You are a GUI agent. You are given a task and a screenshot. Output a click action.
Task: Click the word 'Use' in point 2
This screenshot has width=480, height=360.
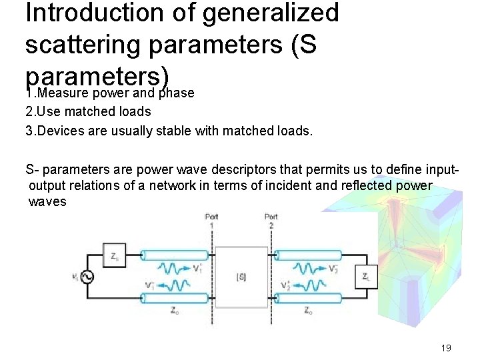pos(49,111)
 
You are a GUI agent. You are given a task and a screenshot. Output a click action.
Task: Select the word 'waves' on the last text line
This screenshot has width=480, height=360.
pos(48,201)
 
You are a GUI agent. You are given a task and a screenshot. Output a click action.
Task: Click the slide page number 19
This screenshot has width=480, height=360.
pos(446,348)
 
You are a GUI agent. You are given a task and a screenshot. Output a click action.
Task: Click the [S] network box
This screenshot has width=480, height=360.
pos(241,277)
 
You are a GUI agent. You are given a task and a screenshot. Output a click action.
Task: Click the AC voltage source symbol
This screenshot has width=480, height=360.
pos(86,277)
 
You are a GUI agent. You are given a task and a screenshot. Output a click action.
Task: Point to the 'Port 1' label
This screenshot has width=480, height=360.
pos(211,221)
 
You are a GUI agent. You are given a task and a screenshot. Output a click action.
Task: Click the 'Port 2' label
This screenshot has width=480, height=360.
pos(271,221)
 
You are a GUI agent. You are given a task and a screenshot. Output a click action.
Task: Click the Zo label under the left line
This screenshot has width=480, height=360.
pos(174,311)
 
